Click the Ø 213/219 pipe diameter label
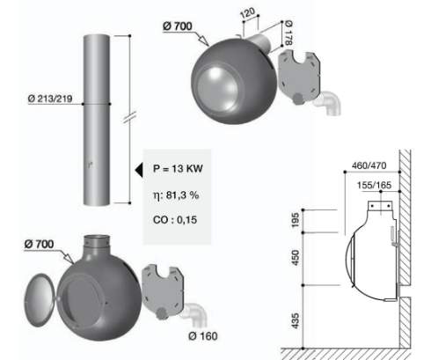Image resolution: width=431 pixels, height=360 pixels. (50, 99)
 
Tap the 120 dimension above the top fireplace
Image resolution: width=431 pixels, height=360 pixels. (248, 13)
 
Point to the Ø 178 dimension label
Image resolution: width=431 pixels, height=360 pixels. (289, 33)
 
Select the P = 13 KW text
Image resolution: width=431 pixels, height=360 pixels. (178, 168)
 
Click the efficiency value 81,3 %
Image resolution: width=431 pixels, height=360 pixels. (182, 195)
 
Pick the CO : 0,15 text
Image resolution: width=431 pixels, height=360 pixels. (175, 220)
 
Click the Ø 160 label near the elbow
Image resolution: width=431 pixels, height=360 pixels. (203, 336)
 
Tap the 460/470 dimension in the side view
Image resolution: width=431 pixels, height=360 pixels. (369, 165)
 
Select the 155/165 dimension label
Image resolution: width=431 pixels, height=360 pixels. (374, 185)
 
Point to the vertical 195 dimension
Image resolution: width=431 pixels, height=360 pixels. (296, 220)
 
